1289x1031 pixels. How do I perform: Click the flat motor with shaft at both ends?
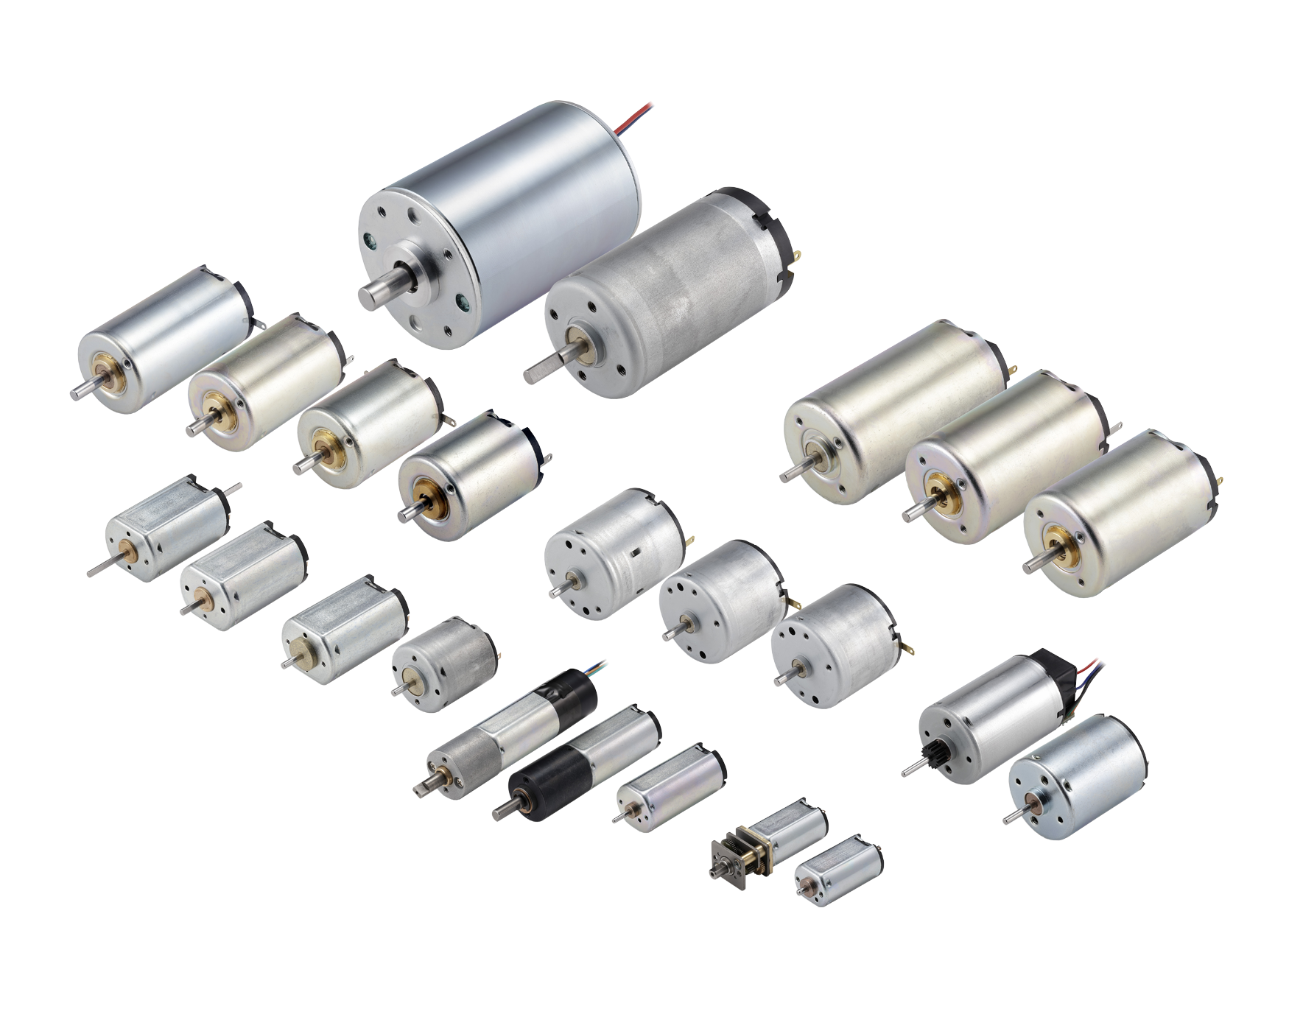tap(166, 527)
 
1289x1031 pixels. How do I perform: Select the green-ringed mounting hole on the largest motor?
tap(463, 300)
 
